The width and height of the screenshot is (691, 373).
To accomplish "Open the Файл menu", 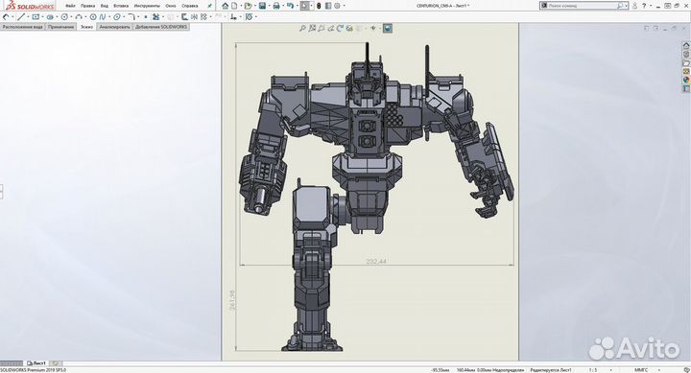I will point(70,6).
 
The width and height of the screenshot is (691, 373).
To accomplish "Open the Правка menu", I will point(88,6).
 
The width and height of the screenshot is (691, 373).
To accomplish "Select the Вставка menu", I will point(121,6).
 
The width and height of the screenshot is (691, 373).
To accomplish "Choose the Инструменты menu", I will point(147,6).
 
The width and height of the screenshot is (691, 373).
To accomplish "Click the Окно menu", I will point(171,6).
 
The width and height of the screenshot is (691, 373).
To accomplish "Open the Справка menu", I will point(190,6).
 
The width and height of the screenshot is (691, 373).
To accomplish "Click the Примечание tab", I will point(60,27).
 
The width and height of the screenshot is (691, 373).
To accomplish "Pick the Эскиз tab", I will point(86,27).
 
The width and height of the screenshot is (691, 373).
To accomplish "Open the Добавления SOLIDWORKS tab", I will point(162,27).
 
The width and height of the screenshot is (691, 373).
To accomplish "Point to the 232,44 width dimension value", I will point(376,262).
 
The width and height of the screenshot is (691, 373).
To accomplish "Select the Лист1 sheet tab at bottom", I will point(38,363).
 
